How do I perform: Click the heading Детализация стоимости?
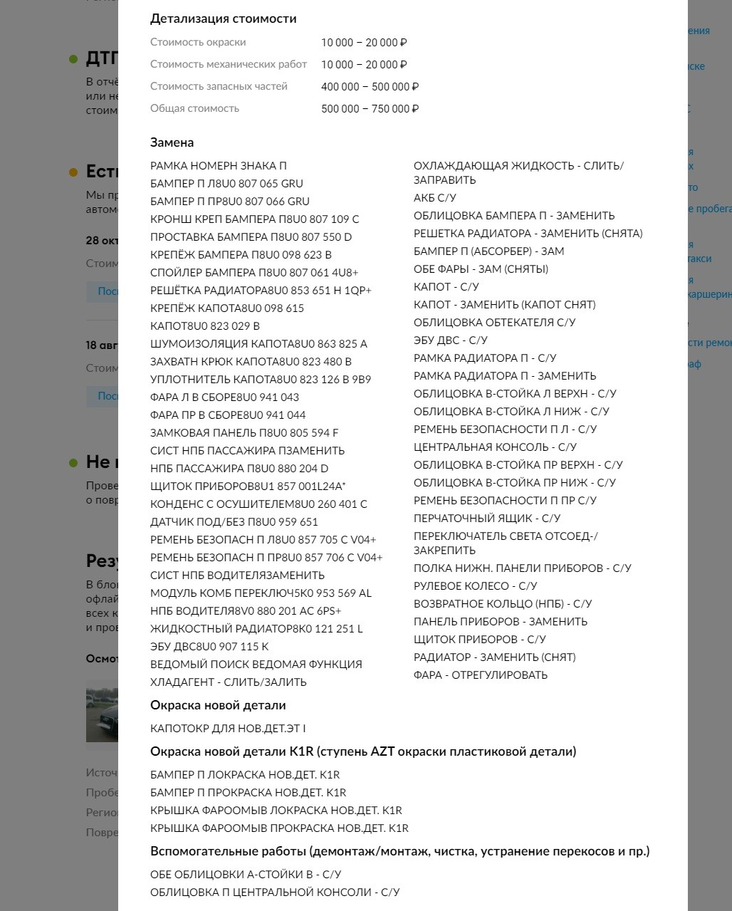223,19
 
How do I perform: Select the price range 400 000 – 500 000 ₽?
370,87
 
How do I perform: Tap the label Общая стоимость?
194,108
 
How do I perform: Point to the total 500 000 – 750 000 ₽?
370,109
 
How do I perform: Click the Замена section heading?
172,142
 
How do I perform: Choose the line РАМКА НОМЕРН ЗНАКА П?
218,166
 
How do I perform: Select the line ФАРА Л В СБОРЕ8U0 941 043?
224,397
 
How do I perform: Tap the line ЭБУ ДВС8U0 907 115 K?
209,647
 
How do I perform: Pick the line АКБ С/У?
434,198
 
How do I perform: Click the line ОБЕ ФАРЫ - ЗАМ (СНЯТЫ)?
481,269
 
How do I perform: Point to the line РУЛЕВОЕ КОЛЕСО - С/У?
475,586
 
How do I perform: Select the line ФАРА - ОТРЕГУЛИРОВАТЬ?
480,675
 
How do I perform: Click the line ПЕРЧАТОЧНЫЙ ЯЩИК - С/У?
486,519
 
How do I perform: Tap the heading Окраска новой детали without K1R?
217,705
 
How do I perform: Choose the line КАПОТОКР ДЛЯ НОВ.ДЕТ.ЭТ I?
228,729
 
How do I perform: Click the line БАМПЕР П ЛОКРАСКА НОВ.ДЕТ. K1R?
245,775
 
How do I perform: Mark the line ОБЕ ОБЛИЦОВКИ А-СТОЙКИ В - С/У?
246,875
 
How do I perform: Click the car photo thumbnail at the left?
102,710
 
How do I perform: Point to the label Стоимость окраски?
197,43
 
